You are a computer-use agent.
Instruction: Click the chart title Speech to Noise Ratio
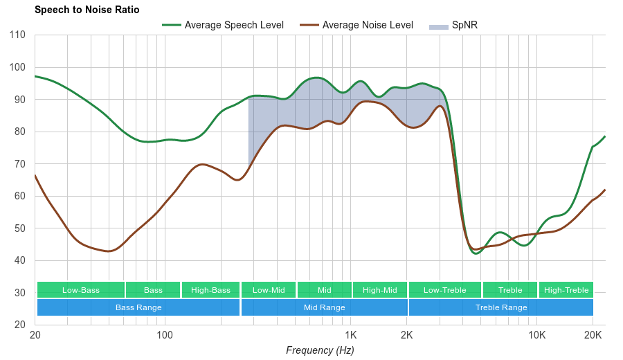[87, 10]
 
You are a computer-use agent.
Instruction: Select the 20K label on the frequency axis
[593, 335]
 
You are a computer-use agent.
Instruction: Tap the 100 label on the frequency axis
[165, 335]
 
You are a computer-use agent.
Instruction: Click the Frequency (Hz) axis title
[320, 350]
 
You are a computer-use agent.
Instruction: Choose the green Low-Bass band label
[81, 290]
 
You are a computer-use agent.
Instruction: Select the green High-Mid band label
[380, 290]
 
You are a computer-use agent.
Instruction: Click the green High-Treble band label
[566, 290]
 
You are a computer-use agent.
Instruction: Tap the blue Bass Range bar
[138, 307]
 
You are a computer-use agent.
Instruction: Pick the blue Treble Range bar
[501, 307]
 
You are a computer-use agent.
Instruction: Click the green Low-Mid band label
[269, 290]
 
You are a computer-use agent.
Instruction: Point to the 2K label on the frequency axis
[407, 335]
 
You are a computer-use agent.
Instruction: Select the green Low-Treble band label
[445, 290]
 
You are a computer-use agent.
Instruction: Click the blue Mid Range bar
[325, 307]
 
